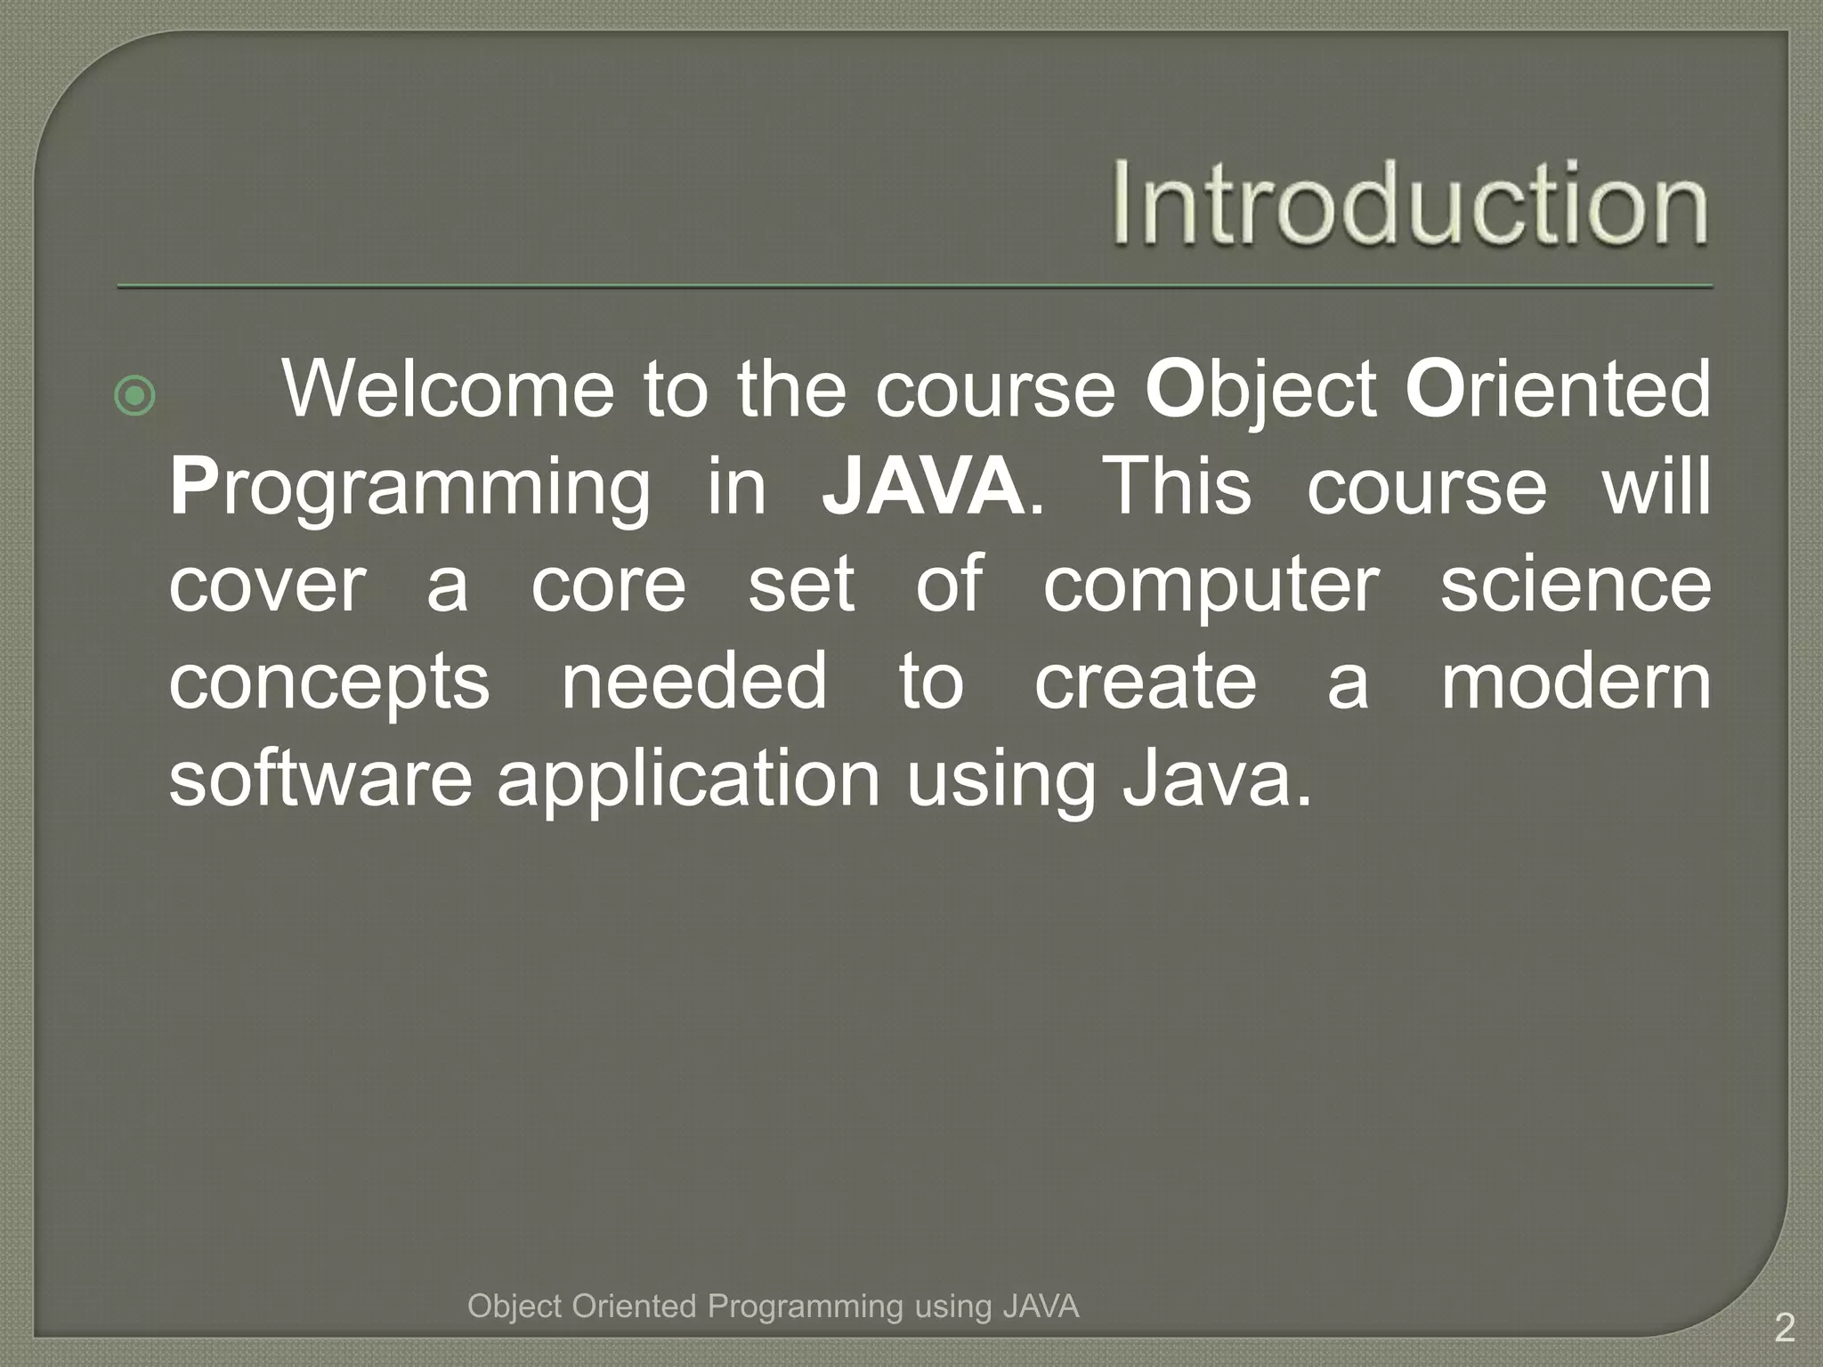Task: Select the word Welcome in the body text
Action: [x=448, y=390]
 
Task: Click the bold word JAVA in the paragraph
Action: [x=923, y=486]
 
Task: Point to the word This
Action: [x=1177, y=486]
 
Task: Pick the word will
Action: [x=1657, y=486]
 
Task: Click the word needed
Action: [x=694, y=681]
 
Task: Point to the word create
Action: [x=1146, y=681]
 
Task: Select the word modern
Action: [x=1576, y=681]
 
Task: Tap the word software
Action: [x=320, y=779]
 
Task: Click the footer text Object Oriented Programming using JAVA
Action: [x=773, y=1306]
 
